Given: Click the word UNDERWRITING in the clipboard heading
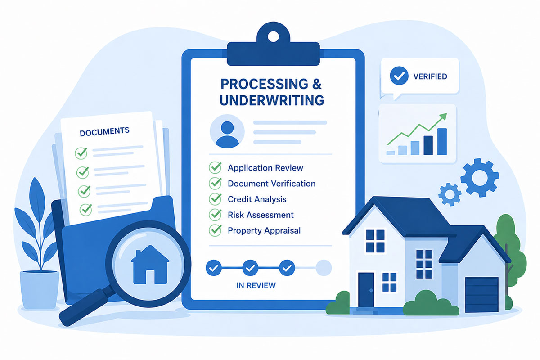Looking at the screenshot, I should [x=272, y=100].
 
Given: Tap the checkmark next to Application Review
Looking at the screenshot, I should [x=216, y=168].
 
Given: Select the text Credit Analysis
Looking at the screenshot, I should [x=257, y=199].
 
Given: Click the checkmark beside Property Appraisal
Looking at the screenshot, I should [x=216, y=230].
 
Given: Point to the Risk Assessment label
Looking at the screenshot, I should [x=261, y=215].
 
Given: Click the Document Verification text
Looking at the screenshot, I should [x=271, y=184].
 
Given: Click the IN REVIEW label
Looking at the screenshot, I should [x=256, y=285].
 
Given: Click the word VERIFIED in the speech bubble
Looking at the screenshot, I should [x=430, y=76].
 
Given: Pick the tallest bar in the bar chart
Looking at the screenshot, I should [x=442, y=141].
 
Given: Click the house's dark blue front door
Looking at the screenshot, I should [x=366, y=288].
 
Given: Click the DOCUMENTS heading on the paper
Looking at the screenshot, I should [x=104, y=132].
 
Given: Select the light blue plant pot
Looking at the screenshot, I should [x=40, y=289].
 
